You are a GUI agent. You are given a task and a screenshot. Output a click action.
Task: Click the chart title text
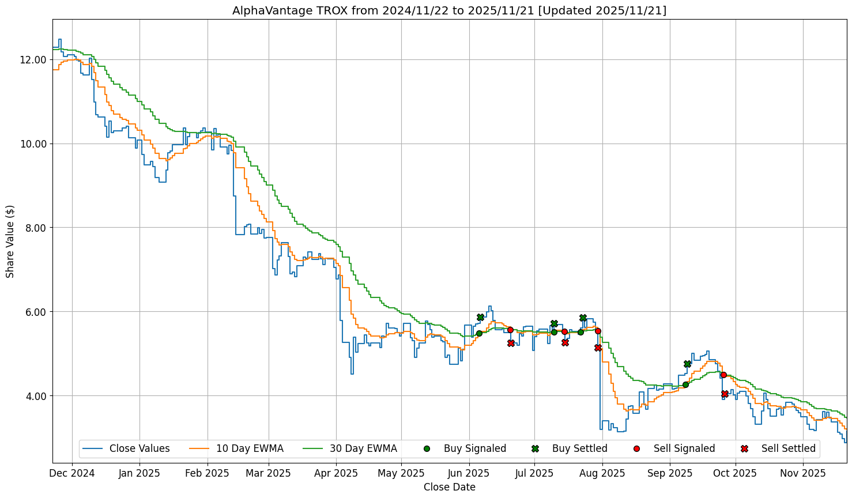tap(449, 10)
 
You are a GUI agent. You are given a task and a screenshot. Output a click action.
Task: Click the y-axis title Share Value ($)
tap(10, 241)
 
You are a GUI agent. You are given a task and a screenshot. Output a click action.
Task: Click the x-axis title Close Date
tap(449, 487)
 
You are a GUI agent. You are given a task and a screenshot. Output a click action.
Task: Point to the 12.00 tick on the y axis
tap(33, 60)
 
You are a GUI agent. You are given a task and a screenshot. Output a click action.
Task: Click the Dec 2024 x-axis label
tap(72, 474)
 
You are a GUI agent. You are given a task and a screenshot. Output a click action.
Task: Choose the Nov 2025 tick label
tap(803, 474)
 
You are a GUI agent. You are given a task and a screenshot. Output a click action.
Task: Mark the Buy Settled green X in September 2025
tap(687, 364)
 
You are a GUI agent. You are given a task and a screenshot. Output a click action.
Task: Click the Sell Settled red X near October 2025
tap(725, 394)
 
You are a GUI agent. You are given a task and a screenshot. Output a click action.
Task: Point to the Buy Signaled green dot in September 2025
tap(685, 384)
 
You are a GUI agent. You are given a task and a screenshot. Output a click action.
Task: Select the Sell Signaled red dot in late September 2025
tap(723, 375)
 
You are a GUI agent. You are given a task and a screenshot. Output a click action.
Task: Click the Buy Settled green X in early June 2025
tap(480, 317)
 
